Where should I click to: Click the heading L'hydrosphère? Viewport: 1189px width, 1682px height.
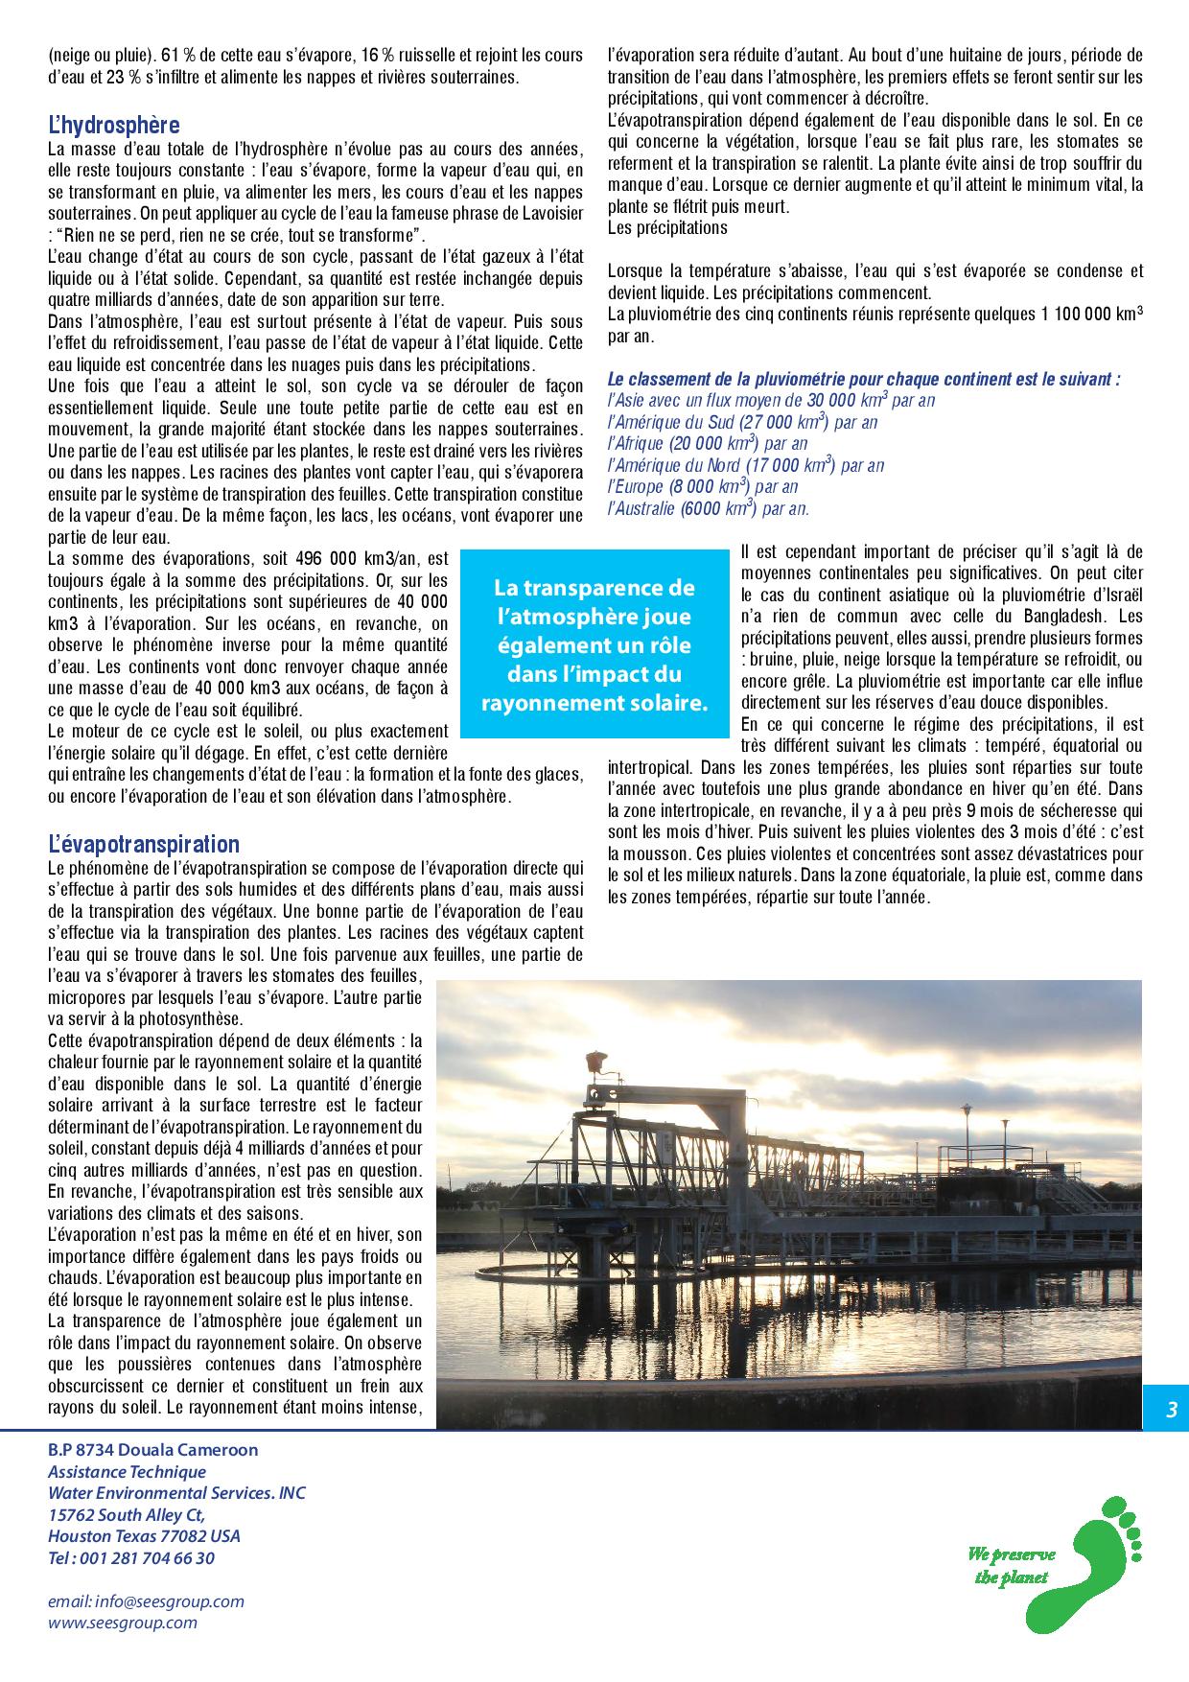pyautogui.click(x=114, y=126)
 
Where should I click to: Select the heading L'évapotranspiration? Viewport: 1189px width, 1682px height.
pyautogui.click(x=144, y=845)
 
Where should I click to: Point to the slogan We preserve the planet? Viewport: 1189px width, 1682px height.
pyautogui.click(x=1012, y=1565)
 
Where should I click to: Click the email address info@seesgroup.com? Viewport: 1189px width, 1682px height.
pyautogui.click(x=146, y=1601)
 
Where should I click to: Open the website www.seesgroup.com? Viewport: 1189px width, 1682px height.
pyautogui.click(x=123, y=1623)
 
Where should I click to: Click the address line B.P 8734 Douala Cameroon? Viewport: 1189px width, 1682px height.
pyautogui.click(x=153, y=1450)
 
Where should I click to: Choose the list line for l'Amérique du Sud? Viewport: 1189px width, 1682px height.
pyautogui.click(x=742, y=422)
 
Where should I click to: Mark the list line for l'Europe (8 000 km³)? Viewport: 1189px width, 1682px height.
pyautogui.click(x=703, y=487)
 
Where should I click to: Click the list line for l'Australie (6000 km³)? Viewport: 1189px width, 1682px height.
pyautogui.click(x=709, y=509)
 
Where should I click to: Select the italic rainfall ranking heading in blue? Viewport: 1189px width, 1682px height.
pyautogui.click(x=864, y=380)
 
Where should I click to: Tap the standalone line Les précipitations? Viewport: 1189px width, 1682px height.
pyautogui.click(x=667, y=228)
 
